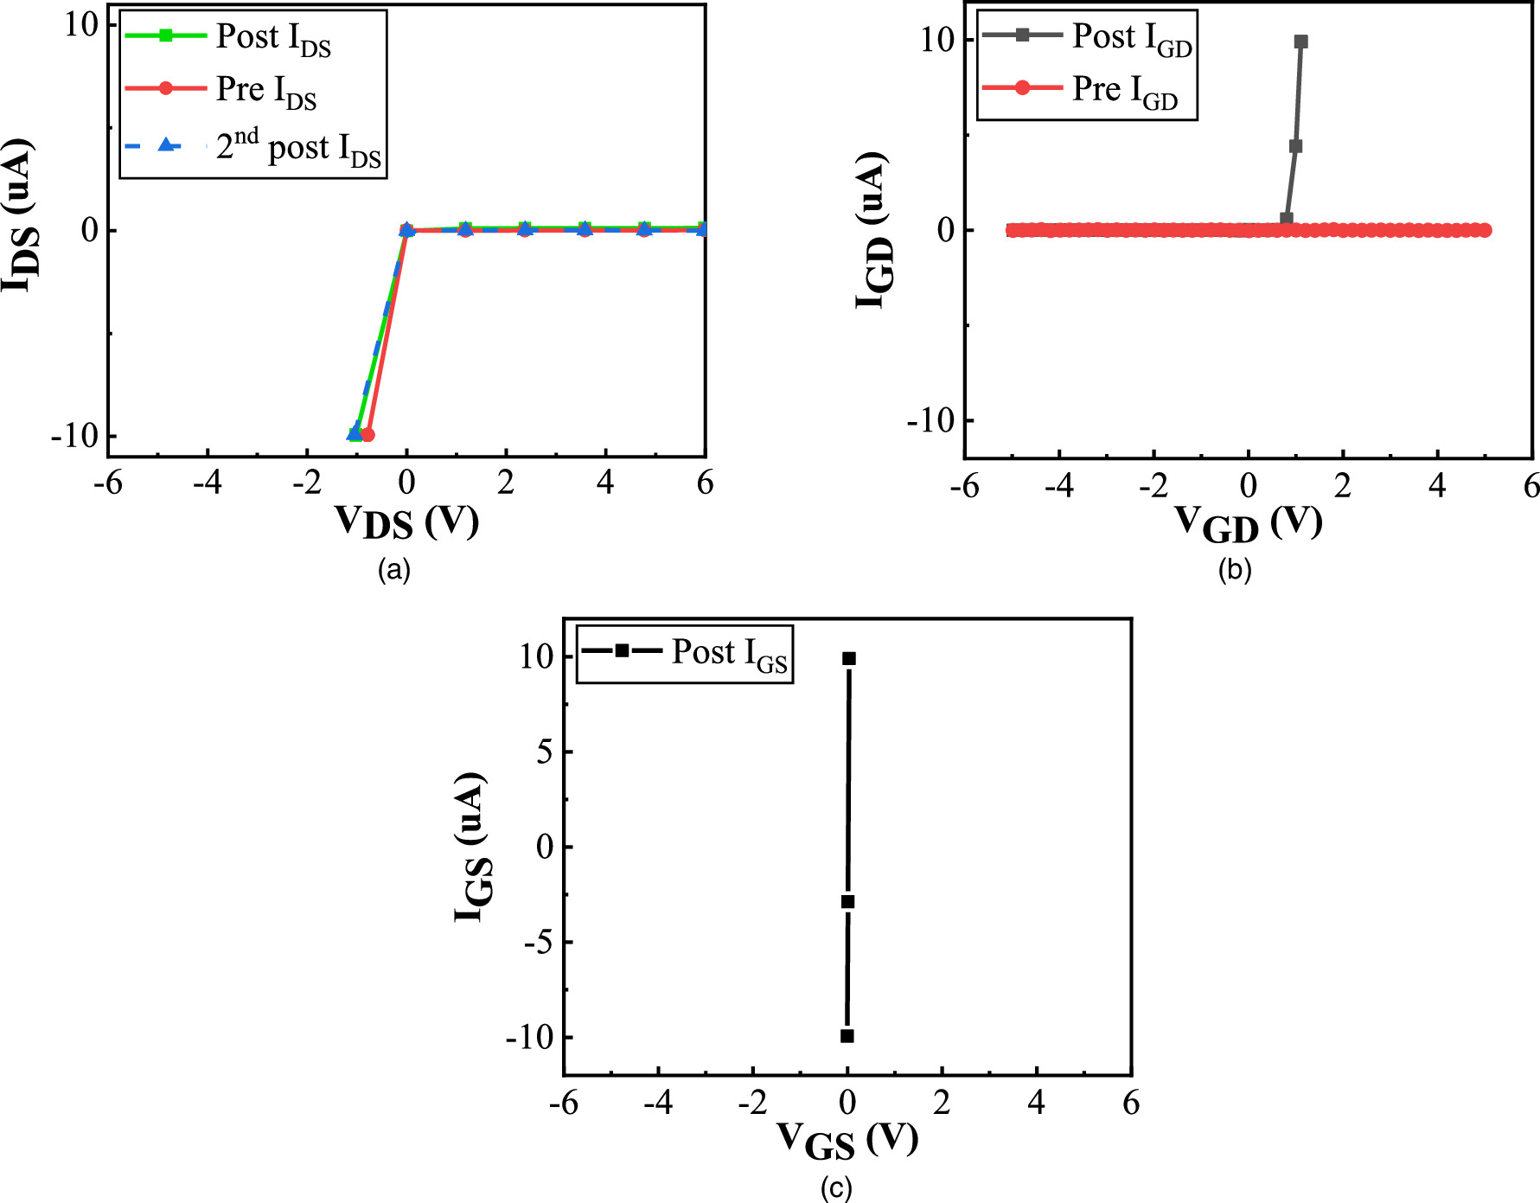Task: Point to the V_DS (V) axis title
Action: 406,522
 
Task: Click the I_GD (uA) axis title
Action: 872,229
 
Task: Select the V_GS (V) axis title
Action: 847,1139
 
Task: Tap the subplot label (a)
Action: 394,569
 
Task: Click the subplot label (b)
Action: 1235,569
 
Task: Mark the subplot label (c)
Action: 836,1188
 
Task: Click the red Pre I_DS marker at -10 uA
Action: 367,434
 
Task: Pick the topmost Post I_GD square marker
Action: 1300,42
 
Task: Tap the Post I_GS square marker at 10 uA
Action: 849,659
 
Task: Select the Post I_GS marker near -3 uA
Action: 848,902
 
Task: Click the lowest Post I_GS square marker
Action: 847,1036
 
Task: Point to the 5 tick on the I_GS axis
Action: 544,752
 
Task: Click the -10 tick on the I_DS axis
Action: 75,435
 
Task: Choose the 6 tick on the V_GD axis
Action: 1530,486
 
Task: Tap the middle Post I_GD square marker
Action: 1295,146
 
